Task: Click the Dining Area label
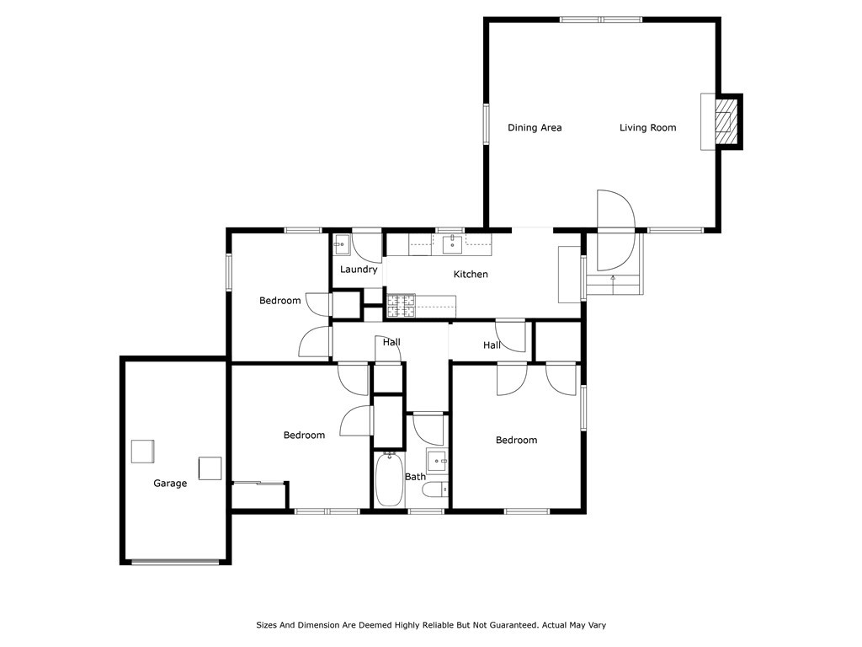click(x=535, y=128)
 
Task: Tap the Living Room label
click(x=647, y=128)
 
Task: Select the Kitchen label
click(x=471, y=274)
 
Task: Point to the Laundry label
click(x=359, y=269)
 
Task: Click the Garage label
click(x=170, y=483)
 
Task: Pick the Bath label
click(x=415, y=477)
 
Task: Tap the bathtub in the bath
click(x=389, y=479)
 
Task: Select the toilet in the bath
click(x=438, y=489)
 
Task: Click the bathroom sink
click(x=438, y=461)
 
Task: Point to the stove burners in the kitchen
click(x=401, y=306)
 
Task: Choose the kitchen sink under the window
click(x=452, y=244)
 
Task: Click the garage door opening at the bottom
click(x=175, y=562)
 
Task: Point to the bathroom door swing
click(x=428, y=429)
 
